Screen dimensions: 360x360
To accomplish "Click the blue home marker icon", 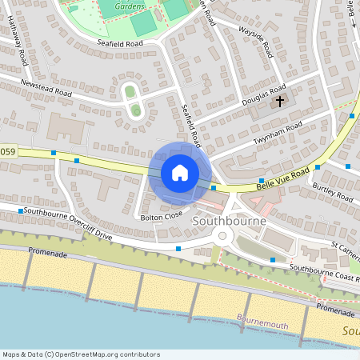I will [180, 173].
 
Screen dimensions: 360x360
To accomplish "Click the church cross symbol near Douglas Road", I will [280, 102].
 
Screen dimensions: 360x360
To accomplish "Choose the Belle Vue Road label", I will [282, 178].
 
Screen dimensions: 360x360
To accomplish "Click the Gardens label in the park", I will [124, 5].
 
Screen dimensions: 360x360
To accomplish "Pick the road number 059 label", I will [8, 150].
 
